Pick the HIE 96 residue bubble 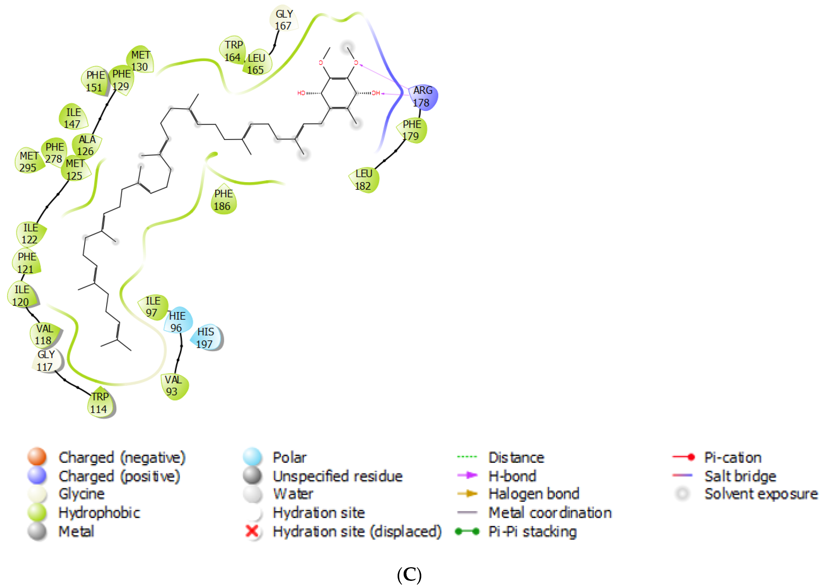(177, 322)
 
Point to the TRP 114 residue (100, 403)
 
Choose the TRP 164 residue (233, 51)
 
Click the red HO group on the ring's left (301, 93)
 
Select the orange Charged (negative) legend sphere (37, 457)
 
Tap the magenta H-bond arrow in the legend (467, 475)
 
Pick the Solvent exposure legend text (761, 494)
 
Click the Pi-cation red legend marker (683, 457)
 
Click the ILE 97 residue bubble (153, 307)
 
